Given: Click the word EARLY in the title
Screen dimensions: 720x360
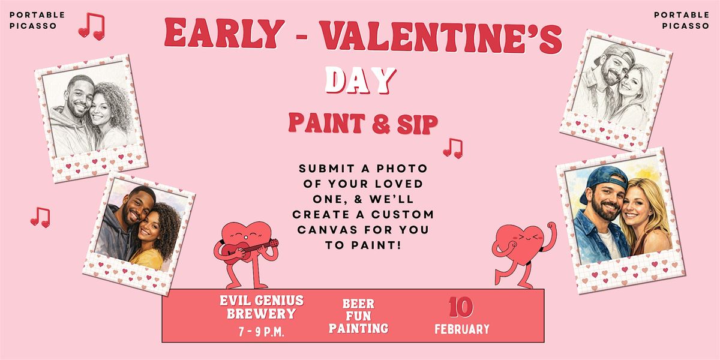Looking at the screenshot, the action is (224, 33).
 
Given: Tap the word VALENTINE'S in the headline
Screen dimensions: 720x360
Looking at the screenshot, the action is (442, 37).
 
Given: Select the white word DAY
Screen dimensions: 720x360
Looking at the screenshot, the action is (361, 80).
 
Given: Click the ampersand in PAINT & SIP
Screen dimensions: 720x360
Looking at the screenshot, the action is (381, 124).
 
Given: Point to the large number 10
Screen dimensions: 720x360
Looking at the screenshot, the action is (461, 307).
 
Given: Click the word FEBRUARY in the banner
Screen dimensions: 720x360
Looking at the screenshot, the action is (462, 329).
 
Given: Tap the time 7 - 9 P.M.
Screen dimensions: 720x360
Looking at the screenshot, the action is (262, 332).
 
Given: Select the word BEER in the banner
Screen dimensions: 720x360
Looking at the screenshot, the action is (358, 304).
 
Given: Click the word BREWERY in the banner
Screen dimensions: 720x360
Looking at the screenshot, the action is (262, 314).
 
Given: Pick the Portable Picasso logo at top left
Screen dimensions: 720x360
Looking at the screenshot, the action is (37, 20).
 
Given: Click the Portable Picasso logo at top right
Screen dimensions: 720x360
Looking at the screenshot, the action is (682, 20).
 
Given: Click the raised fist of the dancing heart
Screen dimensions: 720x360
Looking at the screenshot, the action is (551, 226).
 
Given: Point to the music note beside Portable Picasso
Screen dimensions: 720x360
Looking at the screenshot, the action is (92, 26).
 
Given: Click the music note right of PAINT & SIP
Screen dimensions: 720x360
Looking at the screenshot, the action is (453, 149).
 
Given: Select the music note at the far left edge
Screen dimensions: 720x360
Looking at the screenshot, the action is (41, 218).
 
